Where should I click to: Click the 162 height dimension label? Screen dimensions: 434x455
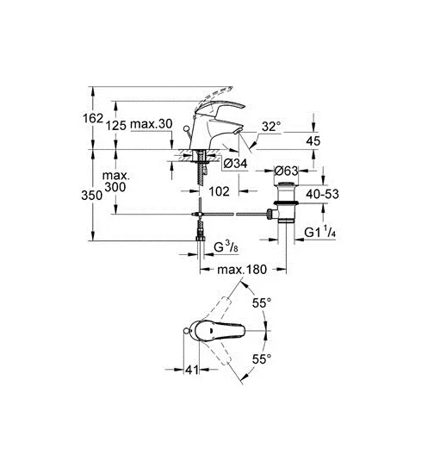click(x=93, y=118)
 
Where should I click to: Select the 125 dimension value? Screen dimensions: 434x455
click(x=115, y=126)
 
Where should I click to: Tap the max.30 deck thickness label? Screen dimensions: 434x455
click(x=151, y=124)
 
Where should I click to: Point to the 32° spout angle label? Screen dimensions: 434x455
click(x=271, y=127)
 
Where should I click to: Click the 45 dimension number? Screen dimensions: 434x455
click(x=313, y=141)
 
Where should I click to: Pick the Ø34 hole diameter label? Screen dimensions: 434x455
click(x=235, y=164)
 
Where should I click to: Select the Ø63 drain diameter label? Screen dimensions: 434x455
click(x=286, y=171)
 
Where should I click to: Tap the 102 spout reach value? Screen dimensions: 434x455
click(x=219, y=191)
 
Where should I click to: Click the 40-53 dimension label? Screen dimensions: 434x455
click(x=322, y=194)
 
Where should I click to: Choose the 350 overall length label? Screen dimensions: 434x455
click(x=91, y=196)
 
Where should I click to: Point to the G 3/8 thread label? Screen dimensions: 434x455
click(x=226, y=247)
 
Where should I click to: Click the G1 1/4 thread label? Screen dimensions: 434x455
click(x=320, y=232)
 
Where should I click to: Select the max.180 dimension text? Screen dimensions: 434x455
click(x=242, y=270)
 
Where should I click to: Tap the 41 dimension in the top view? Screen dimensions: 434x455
click(x=192, y=370)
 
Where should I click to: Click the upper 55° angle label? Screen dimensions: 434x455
click(x=262, y=303)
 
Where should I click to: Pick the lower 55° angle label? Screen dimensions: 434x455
click(x=262, y=359)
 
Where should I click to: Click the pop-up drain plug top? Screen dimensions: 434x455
click(x=286, y=184)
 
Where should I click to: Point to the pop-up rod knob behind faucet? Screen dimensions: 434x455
click(x=186, y=128)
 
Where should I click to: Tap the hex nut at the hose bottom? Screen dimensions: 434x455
click(x=200, y=238)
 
